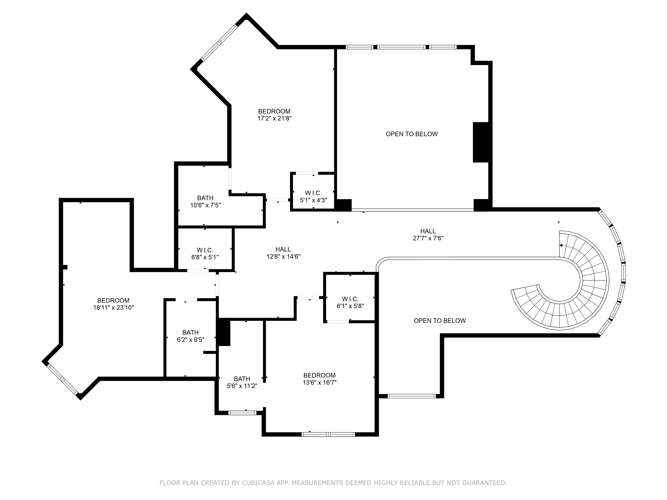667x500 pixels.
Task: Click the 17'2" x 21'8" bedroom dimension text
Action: pyautogui.click(x=274, y=118)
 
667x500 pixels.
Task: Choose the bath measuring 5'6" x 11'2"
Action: pyautogui.click(x=242, y=382)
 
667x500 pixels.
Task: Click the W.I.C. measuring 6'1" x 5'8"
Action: pyautogui.click(x=350, y=302)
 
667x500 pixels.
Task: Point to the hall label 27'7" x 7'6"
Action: pyautogui.click(x=428, y=234)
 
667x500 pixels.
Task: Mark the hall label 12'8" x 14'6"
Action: pyautogui.click(x=283, y=253)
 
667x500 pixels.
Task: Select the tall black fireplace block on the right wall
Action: pyautogui.click(x=480, y=142)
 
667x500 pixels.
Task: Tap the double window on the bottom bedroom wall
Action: pyautogui.click(x=328, y=434)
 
